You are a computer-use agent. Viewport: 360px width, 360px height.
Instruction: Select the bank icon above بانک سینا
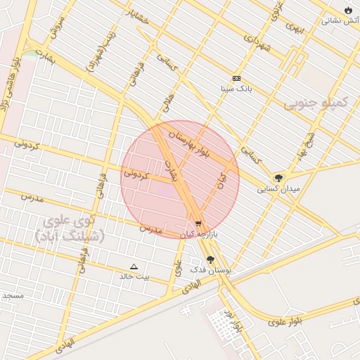(x=236, y=79)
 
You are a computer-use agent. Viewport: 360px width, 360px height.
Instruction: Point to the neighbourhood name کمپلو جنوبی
(x=316, y=104)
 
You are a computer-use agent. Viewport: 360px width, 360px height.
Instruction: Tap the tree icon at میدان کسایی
(x=279, y=178)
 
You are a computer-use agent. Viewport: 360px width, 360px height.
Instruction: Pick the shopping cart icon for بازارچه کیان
(x=198, y=224)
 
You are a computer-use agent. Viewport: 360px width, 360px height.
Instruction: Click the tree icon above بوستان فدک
(x=210, y=259)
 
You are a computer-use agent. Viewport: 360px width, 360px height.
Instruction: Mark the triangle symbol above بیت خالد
(x=134, y=266)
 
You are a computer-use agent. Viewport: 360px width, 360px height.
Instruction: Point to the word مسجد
(x=13, y=295)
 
